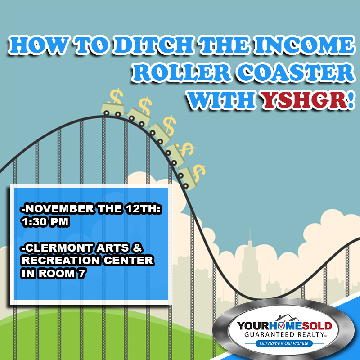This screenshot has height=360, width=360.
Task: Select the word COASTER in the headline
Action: (x=296, y=72)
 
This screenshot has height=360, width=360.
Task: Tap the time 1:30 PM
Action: (x=45, y=222)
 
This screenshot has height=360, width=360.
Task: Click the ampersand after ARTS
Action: (x=137, y=248)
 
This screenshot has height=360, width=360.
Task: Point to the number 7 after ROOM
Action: (x=82, y=274)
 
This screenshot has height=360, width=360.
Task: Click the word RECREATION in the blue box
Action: (x=61, y=261)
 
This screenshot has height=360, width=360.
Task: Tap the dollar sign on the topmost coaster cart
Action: (x=117, y=96)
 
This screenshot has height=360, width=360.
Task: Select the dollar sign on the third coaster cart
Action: (x=170, y=126)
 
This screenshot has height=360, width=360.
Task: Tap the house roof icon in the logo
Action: (x=287, y=318)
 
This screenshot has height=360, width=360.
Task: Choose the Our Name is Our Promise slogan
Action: (x=284, y=343)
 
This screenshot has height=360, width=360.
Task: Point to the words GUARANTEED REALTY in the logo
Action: (x=284, y=334)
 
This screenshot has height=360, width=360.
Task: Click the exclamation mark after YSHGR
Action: (x=351, y=100)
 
